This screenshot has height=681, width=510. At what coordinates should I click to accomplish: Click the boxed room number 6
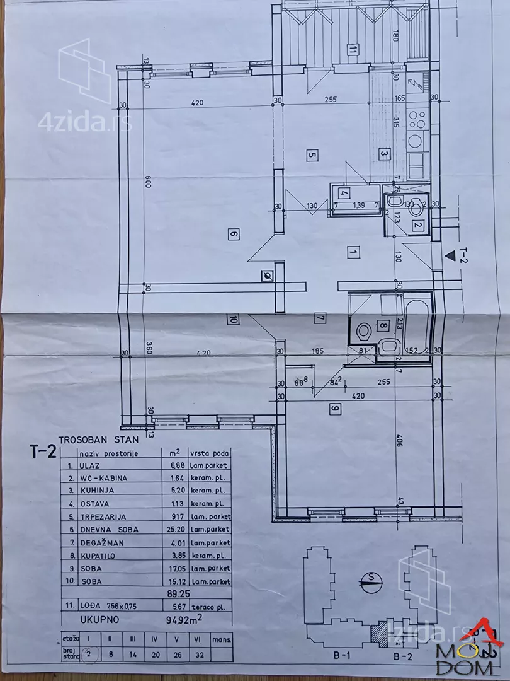pyautogui.click(x=232, y=235)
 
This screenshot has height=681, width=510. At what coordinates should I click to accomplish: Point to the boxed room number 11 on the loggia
pyautogui.click(x=353, y=49)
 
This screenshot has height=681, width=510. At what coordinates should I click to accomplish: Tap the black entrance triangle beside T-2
pyautogui.click(x=450, y=256)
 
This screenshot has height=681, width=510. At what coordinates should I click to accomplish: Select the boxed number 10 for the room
pyautogui.click(x=232, y=319)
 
